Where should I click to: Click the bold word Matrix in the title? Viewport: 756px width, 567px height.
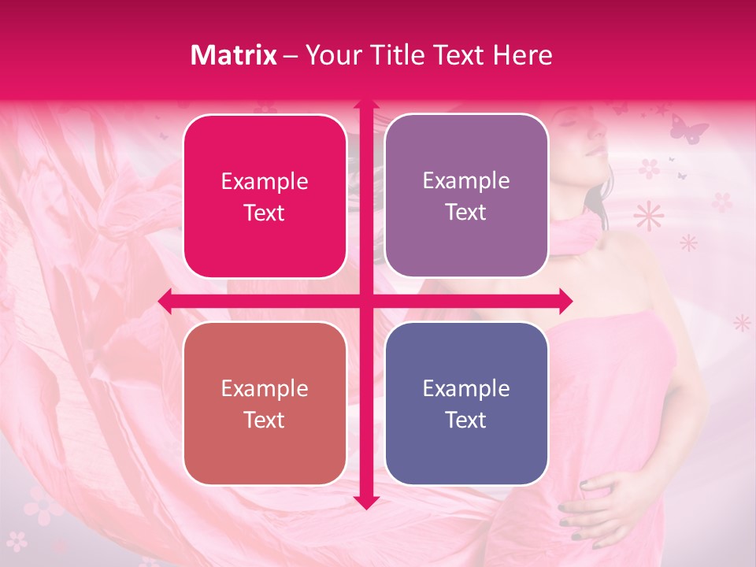[x=234, y=55]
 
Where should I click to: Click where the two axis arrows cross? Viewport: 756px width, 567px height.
[x=365, y=300]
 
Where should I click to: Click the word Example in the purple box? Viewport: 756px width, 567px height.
[x=466, y=181]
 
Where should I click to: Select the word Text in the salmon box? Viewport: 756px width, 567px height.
[x=265, y=420]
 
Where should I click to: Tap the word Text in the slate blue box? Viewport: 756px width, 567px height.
[x=466, y=420]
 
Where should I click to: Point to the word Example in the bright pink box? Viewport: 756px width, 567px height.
[x=265, y=182]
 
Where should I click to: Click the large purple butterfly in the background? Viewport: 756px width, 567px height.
[x=688, y=128]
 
